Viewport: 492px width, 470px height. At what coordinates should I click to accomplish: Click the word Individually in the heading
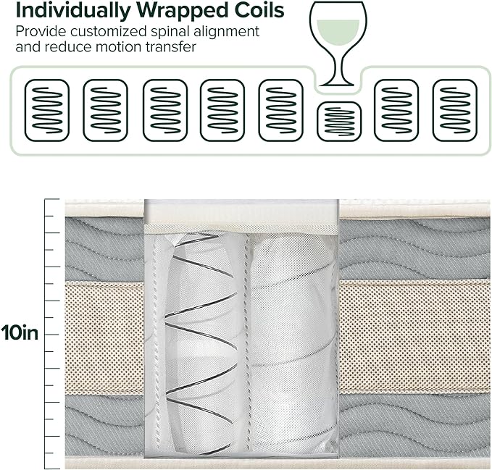(x=60, y=11)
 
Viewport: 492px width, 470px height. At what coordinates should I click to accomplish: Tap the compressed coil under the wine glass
(x=339, y=121)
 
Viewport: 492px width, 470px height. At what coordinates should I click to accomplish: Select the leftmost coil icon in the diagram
(x=47, y=110)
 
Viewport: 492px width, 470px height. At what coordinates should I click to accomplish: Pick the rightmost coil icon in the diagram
(x=454, y=110)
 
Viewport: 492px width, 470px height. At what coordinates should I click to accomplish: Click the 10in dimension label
(x=20, y=334)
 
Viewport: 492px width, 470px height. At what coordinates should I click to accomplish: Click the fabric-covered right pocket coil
(x=291, y=340)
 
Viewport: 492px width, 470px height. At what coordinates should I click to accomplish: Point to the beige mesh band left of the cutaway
(x=104, y=337)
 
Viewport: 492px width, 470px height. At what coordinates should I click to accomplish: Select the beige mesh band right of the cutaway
(x=414, y=337)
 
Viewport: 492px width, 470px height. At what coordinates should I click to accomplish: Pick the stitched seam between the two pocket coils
(x=243, y=340)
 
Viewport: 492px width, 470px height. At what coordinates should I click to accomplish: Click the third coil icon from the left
(x=165, y=110)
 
